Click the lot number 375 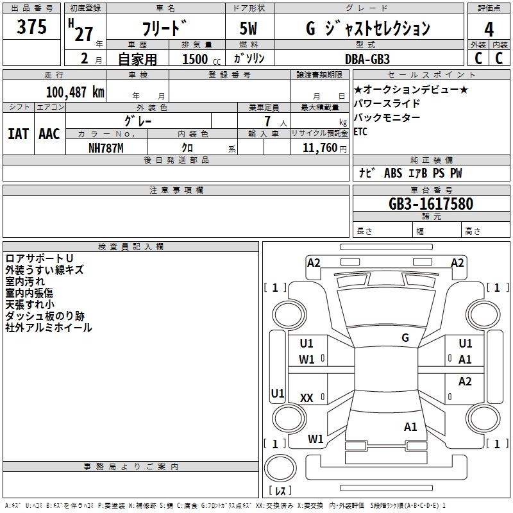[x=31, y=26]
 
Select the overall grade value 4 [x=489, y=29]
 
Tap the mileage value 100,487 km [x=75, y=92]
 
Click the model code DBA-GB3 [x=367, y=59]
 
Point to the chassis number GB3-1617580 [x=431, y=204]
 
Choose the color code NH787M [x=106, y=148]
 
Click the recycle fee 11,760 [x=320, y=147]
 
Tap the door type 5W [x=248, y=28]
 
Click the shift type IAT [x=19, y=134]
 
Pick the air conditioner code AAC [x=49, y=134]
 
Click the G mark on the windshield [x=405, y=338]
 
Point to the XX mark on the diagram [x=307, y=398]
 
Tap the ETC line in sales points [x=360, y=131]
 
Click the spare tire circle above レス [x=280, y=468]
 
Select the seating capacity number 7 [x=267, y=121]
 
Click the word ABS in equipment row [x=393, y=173]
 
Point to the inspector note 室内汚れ [x=25, y=282]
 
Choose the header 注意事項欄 [x=176, y=190]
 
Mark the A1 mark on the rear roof [x=410, y=427]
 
